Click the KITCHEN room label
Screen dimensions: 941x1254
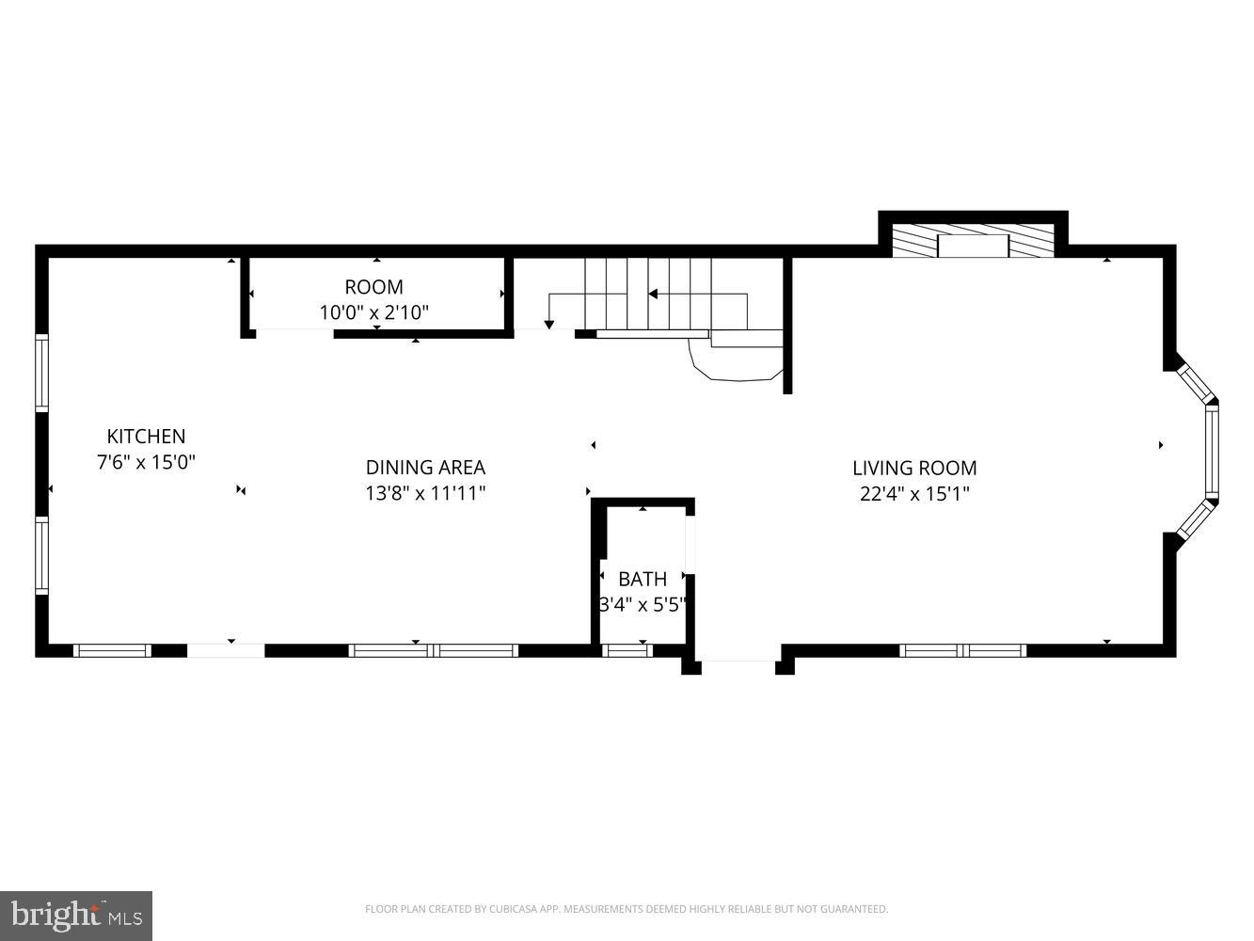[x=146, y=437]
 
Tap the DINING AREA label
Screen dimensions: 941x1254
[x=425, y=467]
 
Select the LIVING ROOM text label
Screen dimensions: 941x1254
[x=914, y=468]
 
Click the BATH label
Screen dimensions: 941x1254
[x=643, y=579]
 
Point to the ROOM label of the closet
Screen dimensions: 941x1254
[x=373, y=287]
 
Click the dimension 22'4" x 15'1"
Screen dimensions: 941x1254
[x=914, y=493]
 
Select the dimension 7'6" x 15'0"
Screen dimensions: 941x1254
[x=146, y=462]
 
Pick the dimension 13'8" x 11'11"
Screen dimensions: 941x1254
[x=425, y=492]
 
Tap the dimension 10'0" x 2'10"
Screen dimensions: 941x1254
[x=373, y=312]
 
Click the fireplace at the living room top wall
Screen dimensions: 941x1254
[x=973, y=245]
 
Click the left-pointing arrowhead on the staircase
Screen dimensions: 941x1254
[x=653, y=295]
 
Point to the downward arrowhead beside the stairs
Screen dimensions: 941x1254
[x=549, y=325]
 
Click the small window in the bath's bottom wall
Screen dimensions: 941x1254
[x=627, y=650]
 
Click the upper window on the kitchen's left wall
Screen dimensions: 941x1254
[x=41, y=373]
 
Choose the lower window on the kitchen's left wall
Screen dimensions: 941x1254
[x=41, y=555]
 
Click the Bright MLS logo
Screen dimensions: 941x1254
[x=76, y=916]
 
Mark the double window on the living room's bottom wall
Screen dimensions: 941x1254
[x=962, y=650]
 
